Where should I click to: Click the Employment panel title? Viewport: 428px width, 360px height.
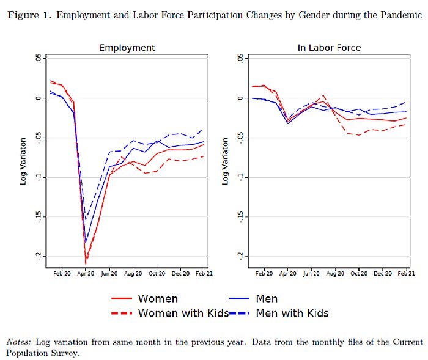(127, 47)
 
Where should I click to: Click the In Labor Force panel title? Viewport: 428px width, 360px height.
(329, 47)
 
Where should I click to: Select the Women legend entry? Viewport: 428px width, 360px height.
(158, 299)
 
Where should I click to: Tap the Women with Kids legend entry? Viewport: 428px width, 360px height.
(183, 313)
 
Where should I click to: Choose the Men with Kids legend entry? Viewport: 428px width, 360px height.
(292, 313)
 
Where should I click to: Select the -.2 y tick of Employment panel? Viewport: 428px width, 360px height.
(39, 255)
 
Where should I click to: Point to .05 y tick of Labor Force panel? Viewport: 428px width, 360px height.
(240, 59)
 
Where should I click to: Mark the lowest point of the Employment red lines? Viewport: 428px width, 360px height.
(86, 263)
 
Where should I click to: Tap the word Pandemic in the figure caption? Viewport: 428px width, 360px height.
(401, 15)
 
